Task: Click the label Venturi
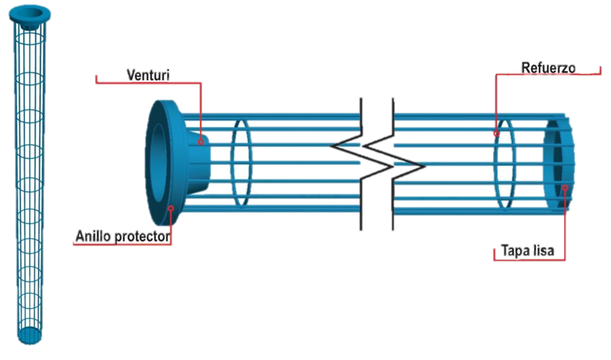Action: coord(149,74)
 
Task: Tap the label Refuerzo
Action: coord(548,68)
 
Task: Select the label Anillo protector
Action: coord(123,237)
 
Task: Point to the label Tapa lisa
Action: coord(527,251)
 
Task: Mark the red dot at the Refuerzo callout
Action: coord(496,135)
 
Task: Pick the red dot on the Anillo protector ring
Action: coord(170,208)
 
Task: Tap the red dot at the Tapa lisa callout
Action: coord(565,187)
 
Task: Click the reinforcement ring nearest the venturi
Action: coord(241,162)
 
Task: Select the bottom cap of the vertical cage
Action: coord(29,334)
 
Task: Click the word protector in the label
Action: coord(143,237)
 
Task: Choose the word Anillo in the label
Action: coord(94,237)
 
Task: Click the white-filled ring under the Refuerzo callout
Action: coord(505,162)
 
